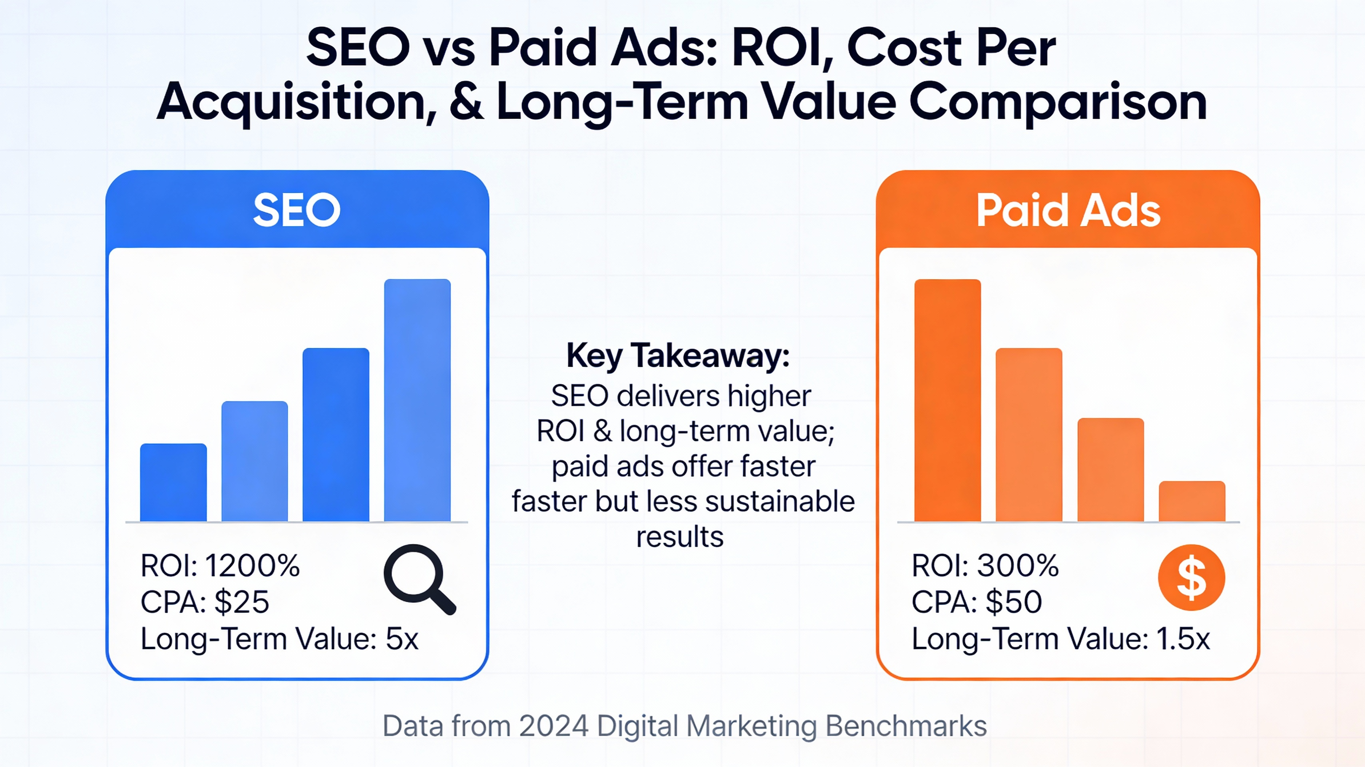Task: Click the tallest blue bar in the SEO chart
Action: click(417, 400)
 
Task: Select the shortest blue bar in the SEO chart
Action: click(173, 483)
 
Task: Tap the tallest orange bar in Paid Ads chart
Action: click(947, 400)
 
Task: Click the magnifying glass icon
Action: click(419, 578)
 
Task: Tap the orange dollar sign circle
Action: click(1191, 577)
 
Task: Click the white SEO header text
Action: click(297, 210)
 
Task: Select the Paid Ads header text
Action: click(1068, 210)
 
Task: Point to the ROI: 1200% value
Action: click(220, 566)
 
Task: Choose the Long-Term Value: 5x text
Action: click(279, 639)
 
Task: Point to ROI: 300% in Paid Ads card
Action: click(985, 566)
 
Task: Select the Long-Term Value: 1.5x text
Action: click(1061, 639)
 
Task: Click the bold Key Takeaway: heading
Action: click(678, 356)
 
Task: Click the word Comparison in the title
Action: click(1058, 102)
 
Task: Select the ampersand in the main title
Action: click(466, 102)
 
